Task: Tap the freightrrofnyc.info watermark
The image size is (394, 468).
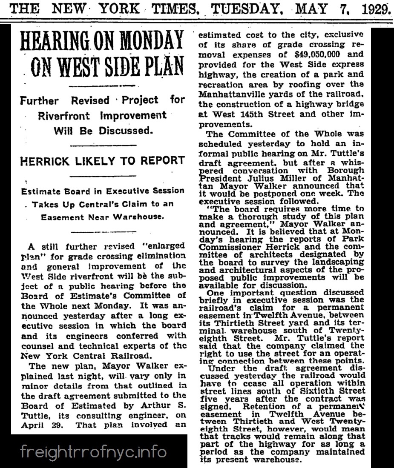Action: tap(94, 451)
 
